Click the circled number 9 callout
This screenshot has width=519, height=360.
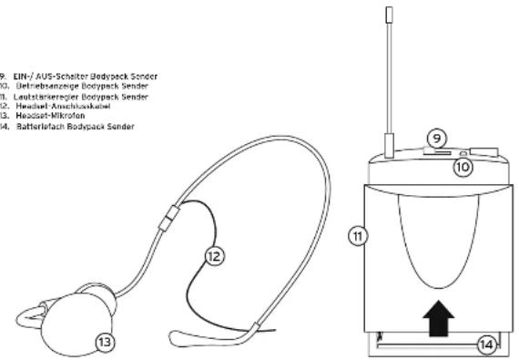pyautogui.click(x=437, y=138)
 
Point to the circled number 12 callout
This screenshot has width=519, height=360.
pyautogui.click(x=213, y=258)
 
